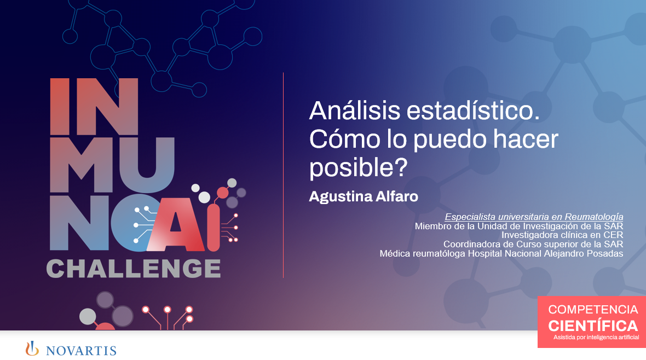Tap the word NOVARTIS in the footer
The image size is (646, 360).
click(x=81, y=350)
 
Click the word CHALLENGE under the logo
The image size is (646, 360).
click(x=134, y=268)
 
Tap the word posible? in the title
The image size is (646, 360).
click(x=359, y=168)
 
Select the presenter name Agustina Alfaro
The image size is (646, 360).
click(x=364, y=196)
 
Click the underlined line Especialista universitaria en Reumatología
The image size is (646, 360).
click(x=534, y=217)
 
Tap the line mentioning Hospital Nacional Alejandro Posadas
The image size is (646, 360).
click(x=501, y=253)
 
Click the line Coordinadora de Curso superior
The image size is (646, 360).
click(x=533, y=244)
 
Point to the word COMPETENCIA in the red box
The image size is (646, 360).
click(x=593, y=310)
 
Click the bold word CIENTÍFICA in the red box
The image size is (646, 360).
click(x=593, y=326)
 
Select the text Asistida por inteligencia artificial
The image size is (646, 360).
click(x=596, y=338)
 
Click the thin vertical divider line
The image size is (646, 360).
click(x=283, y=175)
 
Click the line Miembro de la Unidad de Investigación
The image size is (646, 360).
click(x=519, y=226)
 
